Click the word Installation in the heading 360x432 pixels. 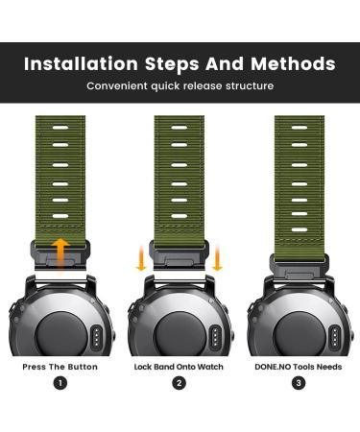pos(81,63)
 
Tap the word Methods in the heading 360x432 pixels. pos(293,63)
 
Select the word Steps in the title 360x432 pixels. pos(172,64)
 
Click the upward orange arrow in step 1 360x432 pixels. pos(60,255)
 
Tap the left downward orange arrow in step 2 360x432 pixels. pos(141,258)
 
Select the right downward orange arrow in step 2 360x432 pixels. pos(217,258)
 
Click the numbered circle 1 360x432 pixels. pos(60,383)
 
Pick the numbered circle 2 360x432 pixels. pos(179,383)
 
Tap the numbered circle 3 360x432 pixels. pos(299,383)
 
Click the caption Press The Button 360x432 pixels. pos(60,367)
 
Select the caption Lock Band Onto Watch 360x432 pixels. pos(179,367)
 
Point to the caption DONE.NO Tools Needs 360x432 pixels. pos(299,367)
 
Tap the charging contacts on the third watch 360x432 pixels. pos(335,337)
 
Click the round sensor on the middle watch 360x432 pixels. pos(180,334)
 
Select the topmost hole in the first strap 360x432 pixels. pos(60,128)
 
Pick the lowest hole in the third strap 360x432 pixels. pos(300,229)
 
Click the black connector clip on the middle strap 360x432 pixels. pos(180,255)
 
